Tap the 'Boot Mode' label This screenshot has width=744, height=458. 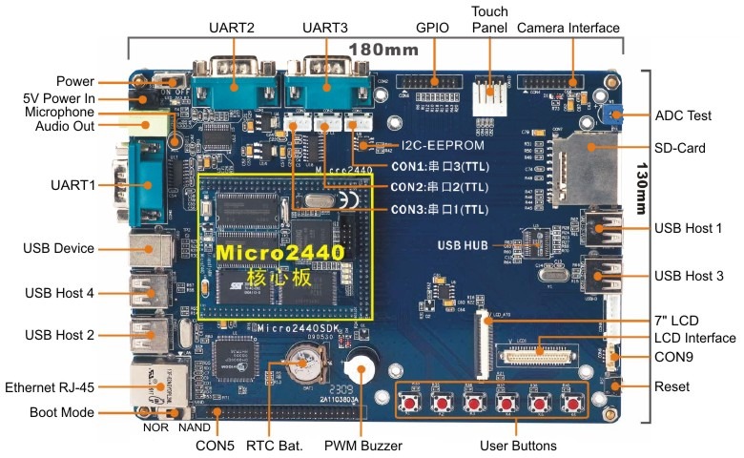click(62, 413)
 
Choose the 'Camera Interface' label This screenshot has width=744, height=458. click(568, 28)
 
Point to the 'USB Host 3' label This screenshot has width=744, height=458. click(689, 275)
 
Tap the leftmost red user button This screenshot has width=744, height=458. click(416, 404)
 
